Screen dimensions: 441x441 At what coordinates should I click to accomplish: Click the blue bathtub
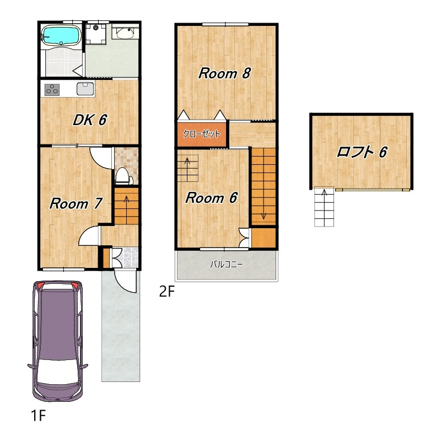pos(61,35)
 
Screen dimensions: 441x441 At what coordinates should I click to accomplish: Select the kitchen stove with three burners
pos(52,89)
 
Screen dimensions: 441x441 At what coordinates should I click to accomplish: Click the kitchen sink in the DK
pos(85,89)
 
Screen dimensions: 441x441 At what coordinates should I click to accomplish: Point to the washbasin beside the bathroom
pos(126,33)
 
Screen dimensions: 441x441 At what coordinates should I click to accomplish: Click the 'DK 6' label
pos(90,120)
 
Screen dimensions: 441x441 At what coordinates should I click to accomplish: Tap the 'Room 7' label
pos(76,203)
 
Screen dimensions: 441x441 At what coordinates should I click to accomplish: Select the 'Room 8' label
pos(224,73)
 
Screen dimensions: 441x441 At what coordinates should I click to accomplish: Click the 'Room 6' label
pos(212,198)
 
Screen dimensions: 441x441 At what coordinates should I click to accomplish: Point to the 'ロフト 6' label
pos(362,152)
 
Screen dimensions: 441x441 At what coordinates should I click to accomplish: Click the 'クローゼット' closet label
pos(202,134)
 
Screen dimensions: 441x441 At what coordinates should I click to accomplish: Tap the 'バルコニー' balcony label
pos(227,265)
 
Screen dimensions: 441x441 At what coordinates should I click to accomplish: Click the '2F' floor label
pos(167,292)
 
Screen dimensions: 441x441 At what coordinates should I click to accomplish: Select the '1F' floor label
pos(38,415)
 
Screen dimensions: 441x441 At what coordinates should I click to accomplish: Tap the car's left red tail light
pos(40,286)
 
